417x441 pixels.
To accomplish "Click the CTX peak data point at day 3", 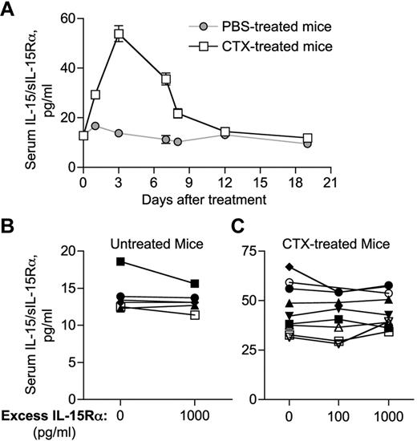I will click(x=119, y=34).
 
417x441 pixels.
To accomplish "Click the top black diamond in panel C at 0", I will click(x=289, y=267).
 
